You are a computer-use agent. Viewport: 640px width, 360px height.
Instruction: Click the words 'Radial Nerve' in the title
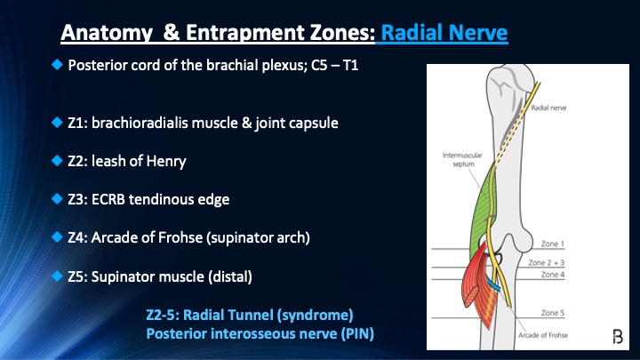pyautogui.click(x=444, y=34)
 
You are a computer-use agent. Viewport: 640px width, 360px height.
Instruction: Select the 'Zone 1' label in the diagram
pyautogui.click(x=553, y=243)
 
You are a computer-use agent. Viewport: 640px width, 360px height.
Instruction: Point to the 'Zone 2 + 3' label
pyautogui.click(x=559, y=263)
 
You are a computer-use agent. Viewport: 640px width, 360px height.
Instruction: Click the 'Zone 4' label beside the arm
pyautogui.click(x=553, y=274)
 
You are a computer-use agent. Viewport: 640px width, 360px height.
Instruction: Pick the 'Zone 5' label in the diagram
pyautogui.click(x=553, y=313)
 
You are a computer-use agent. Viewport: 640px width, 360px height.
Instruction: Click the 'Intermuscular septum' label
pyautogui.click(x=461, y=159)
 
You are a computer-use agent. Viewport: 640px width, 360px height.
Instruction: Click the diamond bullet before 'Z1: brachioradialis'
pyautogui.click(x=57, y=123)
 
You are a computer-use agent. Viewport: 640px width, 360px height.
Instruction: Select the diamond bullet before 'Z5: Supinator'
pyautogui.click(x=57, y=276)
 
